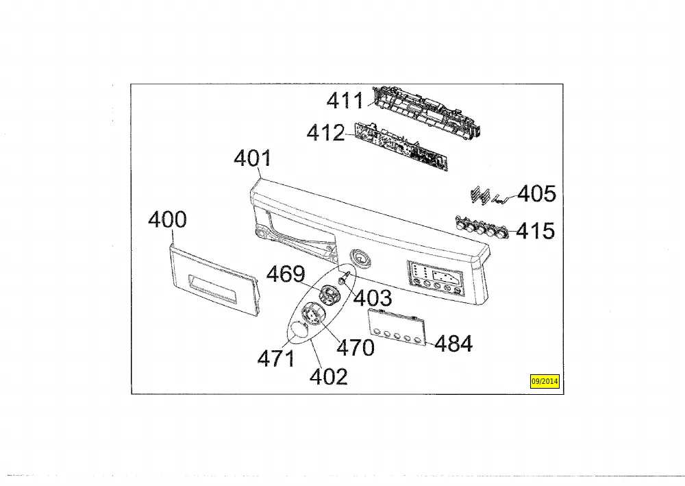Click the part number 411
point(345,101)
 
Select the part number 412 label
point(325,132)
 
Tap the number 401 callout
point(252,158)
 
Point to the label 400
point(167,219)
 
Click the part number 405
point(536,193)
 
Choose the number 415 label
point(535,231)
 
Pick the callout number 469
point(286,274)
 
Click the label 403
point(373,298)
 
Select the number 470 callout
point(356,348)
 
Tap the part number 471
point(276,359)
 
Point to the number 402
point(329,377)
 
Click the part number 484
point(453,343)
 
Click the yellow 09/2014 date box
point(545,381)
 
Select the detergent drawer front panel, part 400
point(214,280)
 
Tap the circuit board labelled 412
point(401,145)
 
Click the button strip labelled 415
point(482,227)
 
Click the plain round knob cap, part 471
point(299,329)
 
